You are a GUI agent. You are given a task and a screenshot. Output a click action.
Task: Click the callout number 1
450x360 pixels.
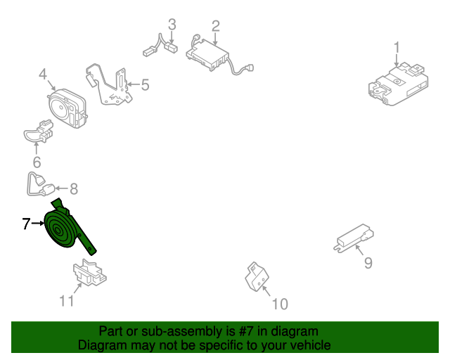(x=397, y=48)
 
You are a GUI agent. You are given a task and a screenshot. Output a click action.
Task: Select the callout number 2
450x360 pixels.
(x=216, y=26)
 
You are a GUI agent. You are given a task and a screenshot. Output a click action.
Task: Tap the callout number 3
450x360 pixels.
(x=172, y=25)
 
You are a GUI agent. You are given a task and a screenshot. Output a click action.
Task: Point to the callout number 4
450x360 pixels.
(x=43, y=74)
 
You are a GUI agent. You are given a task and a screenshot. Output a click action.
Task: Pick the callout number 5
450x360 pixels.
(x=146, y=85)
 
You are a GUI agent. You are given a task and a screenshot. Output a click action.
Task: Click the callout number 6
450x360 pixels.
(x=37, y=162)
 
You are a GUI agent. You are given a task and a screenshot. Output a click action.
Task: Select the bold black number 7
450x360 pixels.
(x=26, y=224)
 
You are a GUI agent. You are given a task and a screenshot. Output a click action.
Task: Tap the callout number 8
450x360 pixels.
(x=74, y=189)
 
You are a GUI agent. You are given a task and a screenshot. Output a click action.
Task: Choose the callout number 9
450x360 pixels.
(x=368, y=263)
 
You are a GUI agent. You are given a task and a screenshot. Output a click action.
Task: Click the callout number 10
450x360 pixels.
(x=280, y=304)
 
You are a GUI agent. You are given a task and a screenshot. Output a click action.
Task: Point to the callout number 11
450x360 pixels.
(x=67, y=301)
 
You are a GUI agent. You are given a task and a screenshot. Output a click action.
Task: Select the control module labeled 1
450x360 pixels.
(x=399, y=84)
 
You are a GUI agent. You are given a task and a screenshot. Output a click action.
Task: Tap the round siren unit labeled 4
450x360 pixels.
(x=67, y=108)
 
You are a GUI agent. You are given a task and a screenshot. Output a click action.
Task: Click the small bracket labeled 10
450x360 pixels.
(x=257, y=277)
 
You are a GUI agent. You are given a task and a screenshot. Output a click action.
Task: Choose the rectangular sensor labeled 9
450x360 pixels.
(x=354, y=238)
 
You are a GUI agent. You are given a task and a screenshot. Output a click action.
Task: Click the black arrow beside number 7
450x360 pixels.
(x=39, y=223)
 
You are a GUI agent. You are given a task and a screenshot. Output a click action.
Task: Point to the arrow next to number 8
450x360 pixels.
(x=61, y=188)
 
